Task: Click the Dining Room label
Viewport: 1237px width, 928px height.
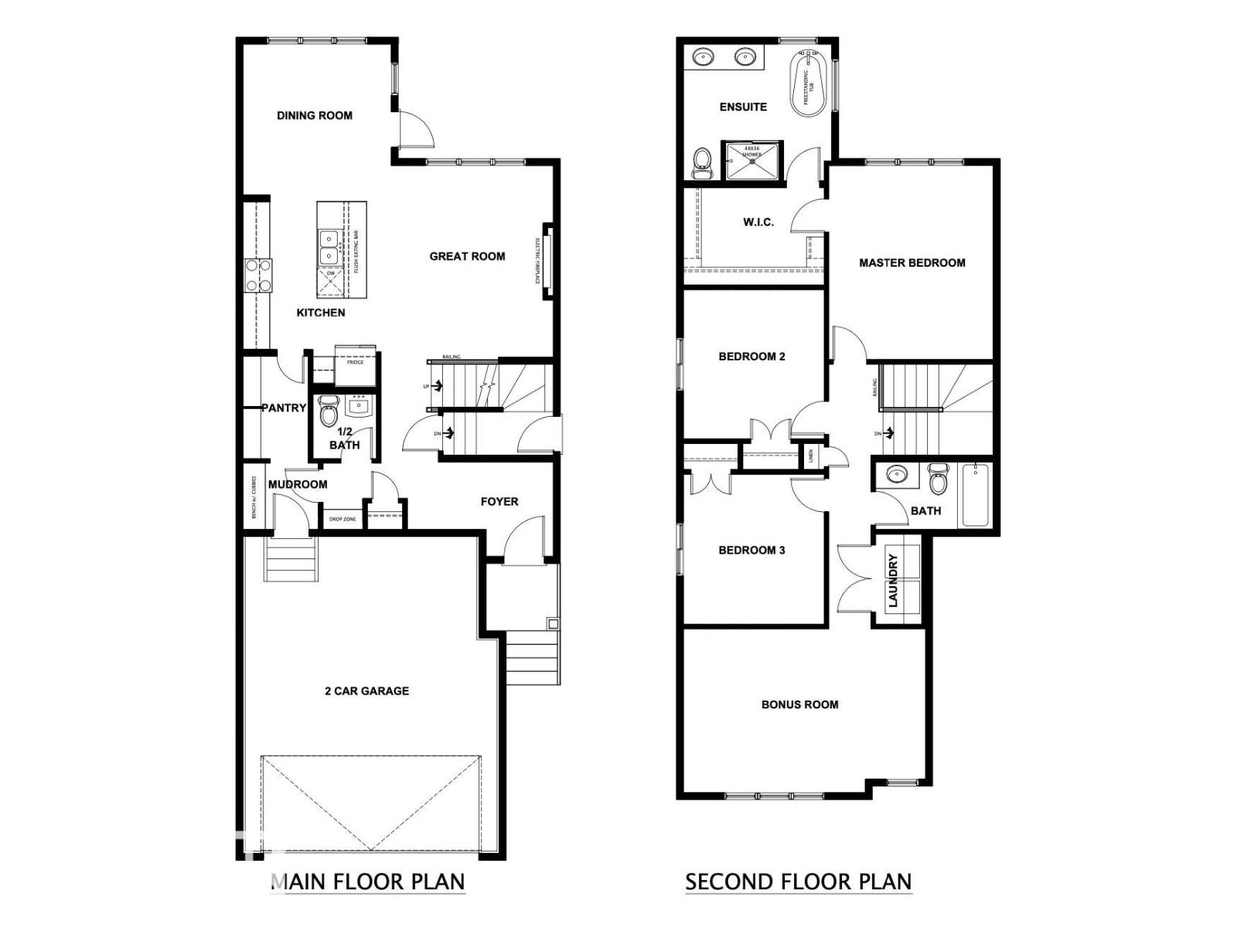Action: tap(315, 115)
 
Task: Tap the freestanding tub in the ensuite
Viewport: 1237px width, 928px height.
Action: tap(809, 84)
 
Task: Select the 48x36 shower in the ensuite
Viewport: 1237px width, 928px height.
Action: tap(751, 160)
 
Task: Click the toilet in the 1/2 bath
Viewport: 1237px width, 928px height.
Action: tap(329, 411)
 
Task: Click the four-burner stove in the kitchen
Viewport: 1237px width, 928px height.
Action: tap(258, 275)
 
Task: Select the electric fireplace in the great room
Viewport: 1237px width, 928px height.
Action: tap(547, 261)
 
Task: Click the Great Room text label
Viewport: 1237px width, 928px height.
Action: tap(467, 256)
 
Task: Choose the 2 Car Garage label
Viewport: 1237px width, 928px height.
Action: tap(366, 691)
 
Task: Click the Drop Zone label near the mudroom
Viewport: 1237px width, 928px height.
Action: tap(343, 519)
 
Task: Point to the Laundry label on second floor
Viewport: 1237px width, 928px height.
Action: tap(893, 580)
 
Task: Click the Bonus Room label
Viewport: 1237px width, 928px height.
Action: tap(799, 705)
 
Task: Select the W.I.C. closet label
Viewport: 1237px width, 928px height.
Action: tap(758, 222)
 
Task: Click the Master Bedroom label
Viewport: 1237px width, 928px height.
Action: tap(912, 263)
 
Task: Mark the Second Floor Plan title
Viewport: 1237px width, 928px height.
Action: tap(798, 881)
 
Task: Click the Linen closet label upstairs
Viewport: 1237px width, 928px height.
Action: tap(809, 455)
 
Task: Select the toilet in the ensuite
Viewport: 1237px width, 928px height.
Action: tap(701, 162)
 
